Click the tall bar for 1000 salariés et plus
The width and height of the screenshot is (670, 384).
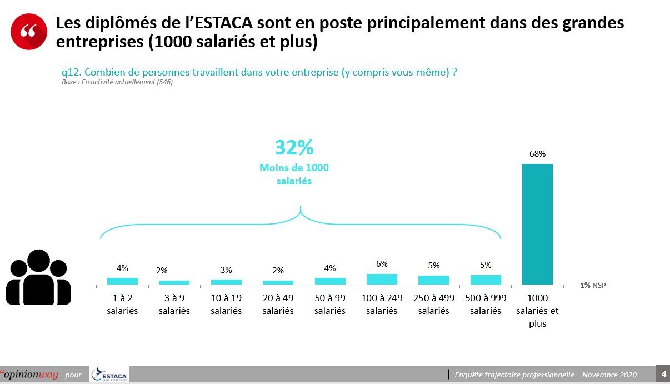click(537, 224)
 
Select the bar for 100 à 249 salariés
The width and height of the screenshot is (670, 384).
click(382, 279)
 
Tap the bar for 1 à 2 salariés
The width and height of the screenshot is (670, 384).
click(122, 281)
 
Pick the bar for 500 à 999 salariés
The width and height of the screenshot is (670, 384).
click(486, 280)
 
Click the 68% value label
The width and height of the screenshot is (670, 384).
click(537, 154)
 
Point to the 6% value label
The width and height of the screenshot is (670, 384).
click(382, 264)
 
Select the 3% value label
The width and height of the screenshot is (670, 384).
click(226, 270)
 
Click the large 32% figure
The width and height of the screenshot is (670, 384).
click(294, 148)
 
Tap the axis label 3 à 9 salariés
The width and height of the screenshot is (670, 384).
click(174, 304)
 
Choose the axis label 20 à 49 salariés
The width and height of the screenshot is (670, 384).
click(278, 304)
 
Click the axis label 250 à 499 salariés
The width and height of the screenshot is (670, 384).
click(433, 304)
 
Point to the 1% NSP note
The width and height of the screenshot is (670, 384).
click(593, 285)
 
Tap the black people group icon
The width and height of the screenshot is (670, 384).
click(38, 277)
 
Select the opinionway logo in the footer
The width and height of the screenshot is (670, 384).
click(30, 374)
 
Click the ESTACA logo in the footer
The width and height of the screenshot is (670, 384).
click(109, 375)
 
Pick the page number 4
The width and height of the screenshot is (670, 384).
click(663, 373)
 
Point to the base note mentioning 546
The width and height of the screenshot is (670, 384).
click(117, 82)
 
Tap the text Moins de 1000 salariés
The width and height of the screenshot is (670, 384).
click(294, 174)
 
